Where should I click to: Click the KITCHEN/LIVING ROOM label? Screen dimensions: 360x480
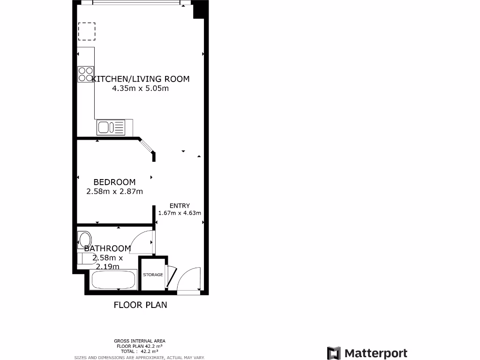coord(141,79)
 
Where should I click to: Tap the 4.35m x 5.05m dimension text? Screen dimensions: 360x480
coord(140,88)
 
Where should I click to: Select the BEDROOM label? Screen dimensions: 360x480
coord(114,182)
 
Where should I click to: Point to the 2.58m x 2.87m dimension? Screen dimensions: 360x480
coord(114,191)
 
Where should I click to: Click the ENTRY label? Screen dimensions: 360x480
coord(180,205)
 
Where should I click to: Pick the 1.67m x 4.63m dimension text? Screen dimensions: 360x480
coord(180,213)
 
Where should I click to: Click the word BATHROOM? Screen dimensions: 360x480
coord(107,248)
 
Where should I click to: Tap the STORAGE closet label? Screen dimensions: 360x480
coord(153,275)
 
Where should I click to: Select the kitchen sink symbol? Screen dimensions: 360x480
coord(111,127)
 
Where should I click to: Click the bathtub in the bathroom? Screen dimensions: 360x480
coord(113,281)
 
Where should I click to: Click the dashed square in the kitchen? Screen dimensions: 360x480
coord(86,31)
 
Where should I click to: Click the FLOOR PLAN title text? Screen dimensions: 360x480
coord(140,305)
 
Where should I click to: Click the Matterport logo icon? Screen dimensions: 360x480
coord(334,353)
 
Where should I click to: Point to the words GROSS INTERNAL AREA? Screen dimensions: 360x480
coord(140,341)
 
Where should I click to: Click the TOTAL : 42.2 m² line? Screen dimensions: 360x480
coord(140,351)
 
